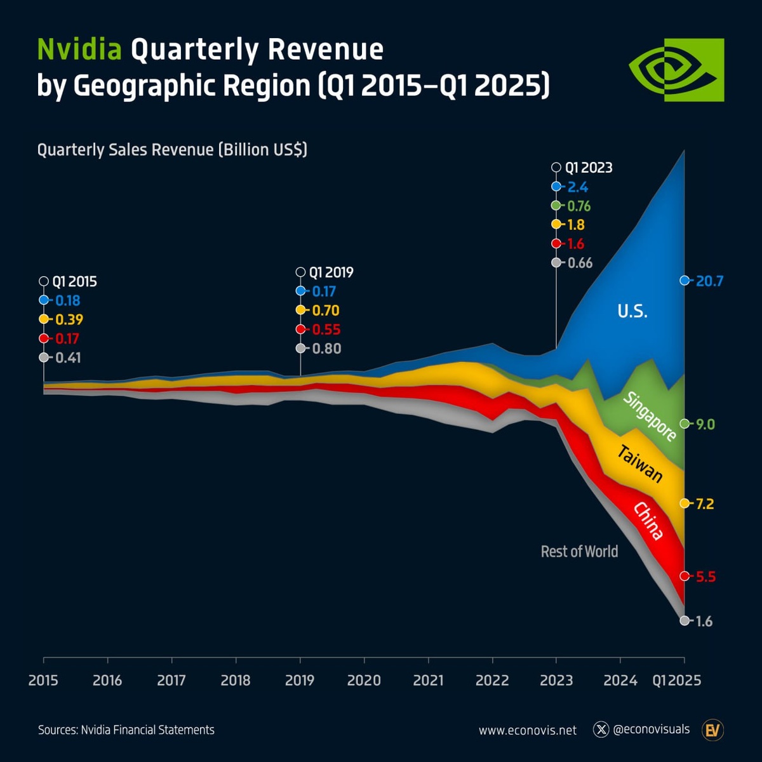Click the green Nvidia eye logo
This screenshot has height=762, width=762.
tap(676, 70)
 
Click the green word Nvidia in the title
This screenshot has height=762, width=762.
tap(79, 50)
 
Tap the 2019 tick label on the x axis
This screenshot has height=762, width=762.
tap(300, 681)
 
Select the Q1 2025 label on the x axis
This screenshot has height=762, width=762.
tap(677, 681)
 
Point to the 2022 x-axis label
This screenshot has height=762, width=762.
tap(492, 681)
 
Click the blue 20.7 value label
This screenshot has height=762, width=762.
tap(709, 281)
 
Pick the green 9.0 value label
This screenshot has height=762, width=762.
tap(705, 424)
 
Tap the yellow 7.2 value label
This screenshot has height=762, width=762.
tap(705, 504)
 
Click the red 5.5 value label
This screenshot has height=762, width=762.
tap(705, 577)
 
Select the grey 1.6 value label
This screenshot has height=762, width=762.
tap(704, 622)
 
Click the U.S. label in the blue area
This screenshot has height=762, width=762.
tap(632, 311)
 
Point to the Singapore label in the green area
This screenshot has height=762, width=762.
tap(650, 417)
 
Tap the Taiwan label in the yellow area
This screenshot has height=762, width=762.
tap(640, 464)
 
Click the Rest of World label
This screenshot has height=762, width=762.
tap(579, 552)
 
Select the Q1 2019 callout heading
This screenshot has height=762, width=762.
tap(331, 272)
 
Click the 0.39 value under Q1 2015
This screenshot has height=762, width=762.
tap(69, 320)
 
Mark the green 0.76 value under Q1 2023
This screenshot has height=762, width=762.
tap(578, 206)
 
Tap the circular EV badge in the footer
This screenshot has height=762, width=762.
tap(712, 730)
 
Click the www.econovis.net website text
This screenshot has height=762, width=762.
tap(528, 730)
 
